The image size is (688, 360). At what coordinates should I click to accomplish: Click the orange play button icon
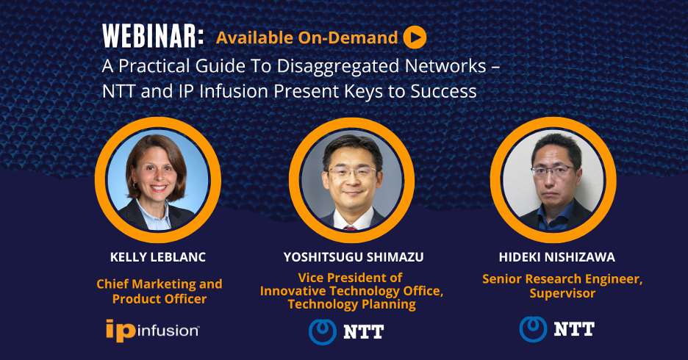tap(415, 37)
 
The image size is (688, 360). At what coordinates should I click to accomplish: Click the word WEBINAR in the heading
tap(153, 36)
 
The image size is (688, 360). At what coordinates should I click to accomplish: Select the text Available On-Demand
tap(307, 37)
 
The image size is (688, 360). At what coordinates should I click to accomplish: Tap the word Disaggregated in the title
tap(337, 67)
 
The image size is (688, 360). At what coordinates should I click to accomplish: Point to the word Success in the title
tap(443, 91)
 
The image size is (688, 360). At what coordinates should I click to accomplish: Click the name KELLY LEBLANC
tap(158, 257)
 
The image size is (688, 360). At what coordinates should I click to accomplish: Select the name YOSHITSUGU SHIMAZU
tap(354, 257)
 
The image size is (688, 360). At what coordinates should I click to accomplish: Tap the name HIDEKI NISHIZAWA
tap(557, 257)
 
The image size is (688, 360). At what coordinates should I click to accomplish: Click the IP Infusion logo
tap(153, 331)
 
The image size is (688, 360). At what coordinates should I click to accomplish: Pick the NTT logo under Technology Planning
tap(346, 332)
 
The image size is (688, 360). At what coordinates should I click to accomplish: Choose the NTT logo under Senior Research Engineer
tap(557, 329)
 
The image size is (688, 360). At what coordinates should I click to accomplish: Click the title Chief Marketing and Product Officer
tap(160, 291)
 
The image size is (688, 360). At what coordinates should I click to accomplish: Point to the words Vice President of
tap(350, 278)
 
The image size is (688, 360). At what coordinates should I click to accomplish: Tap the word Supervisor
tap(562, 293)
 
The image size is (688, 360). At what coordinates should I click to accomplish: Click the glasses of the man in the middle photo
tap(351, 173)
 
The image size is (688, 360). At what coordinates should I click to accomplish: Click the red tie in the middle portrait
tap(350, 228)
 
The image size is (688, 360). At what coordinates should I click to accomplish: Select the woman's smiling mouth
tap(159, 187)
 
